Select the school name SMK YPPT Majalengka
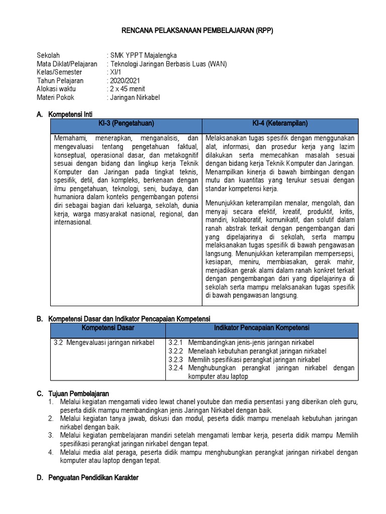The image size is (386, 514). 143,55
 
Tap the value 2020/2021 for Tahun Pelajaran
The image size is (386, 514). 125,81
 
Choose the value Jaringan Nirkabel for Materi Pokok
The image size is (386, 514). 135,97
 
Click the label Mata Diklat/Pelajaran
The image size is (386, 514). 67,64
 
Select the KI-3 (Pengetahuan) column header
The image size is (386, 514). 126,123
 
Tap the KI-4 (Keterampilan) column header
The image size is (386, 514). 280,123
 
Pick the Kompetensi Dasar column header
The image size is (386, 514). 108,328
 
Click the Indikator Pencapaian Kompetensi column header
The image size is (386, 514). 261,328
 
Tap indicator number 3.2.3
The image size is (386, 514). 176,359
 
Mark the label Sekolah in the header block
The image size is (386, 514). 48,55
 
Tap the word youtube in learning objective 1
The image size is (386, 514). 213,402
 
